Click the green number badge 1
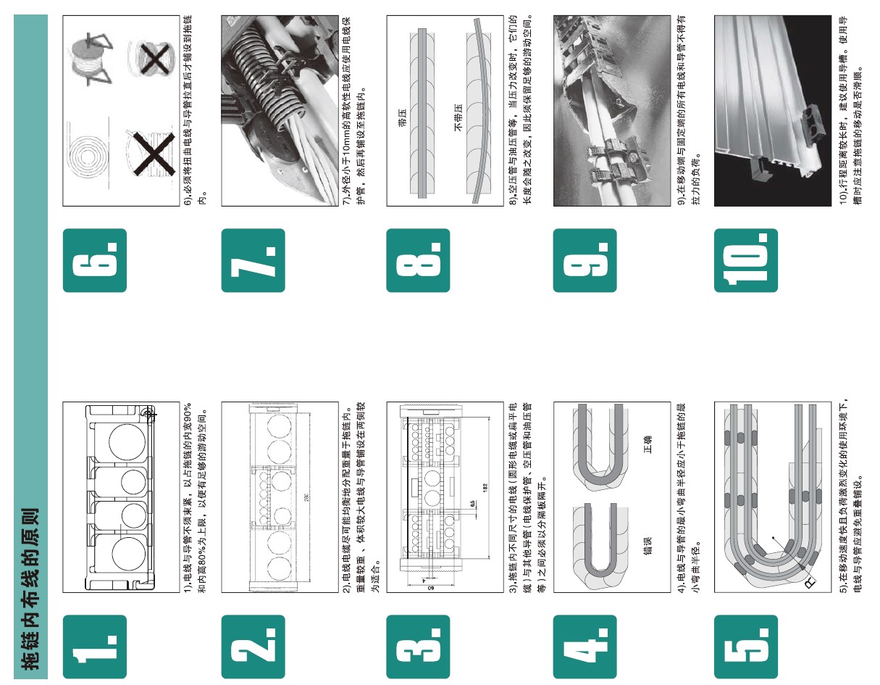click(x=95, y=647)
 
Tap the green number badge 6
click(x=95, y=260)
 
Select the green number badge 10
click(x=746, y=260)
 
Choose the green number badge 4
click(x=584, y=647)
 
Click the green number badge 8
click(x=418, y=260)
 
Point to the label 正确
click(x=648, y=444)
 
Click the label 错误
click(x=648, y=546)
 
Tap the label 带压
click(x=402, y=117)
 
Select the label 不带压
click(x=458, y=117)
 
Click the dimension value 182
click(x=485, y=488)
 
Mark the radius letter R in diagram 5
click(x=810, y=584)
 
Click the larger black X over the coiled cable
click(x=154, y=154)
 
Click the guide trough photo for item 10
click(x=773, y=111)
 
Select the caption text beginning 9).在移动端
click(x=689, y=110)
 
